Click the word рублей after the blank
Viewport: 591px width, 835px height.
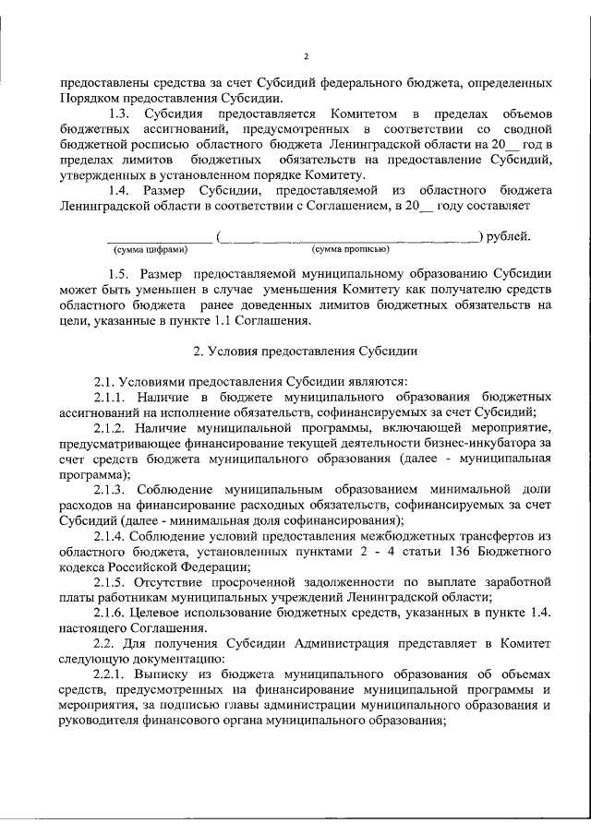coord(510,235)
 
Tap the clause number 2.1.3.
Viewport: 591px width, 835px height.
coord(113,489)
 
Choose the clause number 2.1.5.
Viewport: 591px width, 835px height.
coord(113,583)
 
